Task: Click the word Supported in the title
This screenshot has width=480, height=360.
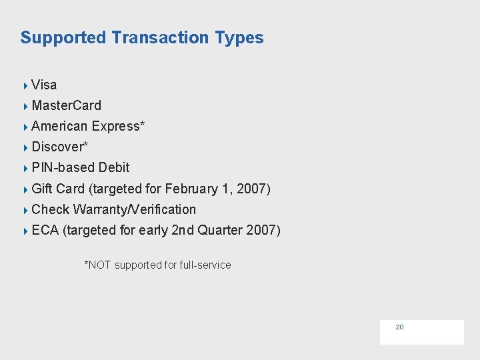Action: (63, 38)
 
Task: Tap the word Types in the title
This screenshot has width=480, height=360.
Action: (239, 38)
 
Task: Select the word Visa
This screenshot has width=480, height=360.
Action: (44, 85)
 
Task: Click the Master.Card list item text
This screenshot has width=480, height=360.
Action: (66, 105)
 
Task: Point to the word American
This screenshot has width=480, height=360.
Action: (59, 126)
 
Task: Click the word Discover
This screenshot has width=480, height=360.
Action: (58, 147)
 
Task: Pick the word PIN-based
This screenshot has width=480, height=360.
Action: (63, 167)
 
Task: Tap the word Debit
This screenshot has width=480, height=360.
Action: (114, 167)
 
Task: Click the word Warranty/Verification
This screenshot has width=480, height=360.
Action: (135, 209)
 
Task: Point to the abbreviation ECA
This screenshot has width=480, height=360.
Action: (45, 230)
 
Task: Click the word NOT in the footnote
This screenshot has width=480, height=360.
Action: (99, 265)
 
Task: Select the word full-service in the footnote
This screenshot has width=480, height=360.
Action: (206, 265)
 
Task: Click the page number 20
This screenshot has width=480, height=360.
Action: (400, 327)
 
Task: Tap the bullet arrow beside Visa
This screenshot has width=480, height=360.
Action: (25, 85)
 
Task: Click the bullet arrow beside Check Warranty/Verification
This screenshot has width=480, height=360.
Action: (25, 210)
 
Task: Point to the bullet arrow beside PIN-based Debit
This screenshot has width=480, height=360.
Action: (25, 168)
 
